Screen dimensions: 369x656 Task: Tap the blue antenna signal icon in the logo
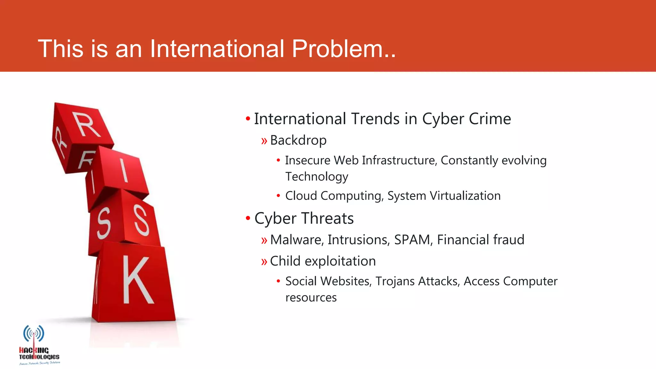click(x=34, y=334)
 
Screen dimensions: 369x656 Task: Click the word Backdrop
click(x=298, y=140)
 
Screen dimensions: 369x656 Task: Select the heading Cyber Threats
click(x=304, y=218)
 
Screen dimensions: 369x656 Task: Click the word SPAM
click(x=412, y=240)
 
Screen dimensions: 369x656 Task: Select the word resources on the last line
click(x=311, y=298)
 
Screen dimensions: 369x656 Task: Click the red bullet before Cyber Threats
click(x=248, y=218)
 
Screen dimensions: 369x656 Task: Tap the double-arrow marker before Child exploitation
click(x=264, y=262)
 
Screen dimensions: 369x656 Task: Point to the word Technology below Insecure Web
click(x=316, y=176)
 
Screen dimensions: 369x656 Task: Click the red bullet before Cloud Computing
click(x=278, y=196)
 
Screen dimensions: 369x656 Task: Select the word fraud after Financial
click(x=509, y=240)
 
